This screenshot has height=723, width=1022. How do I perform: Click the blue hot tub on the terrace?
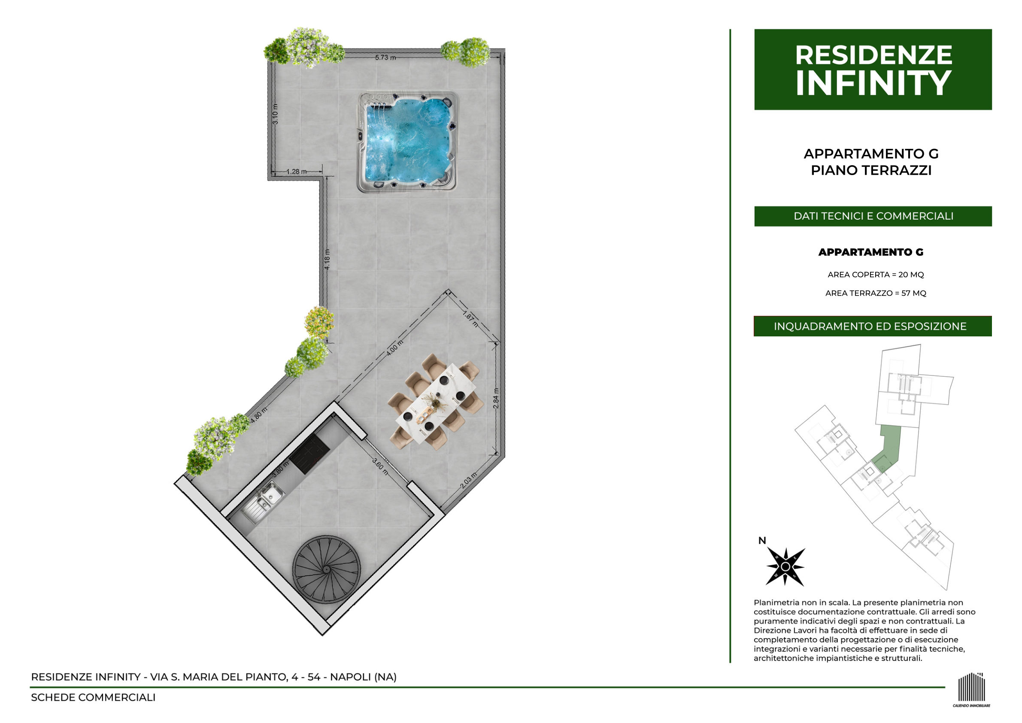coord(408,142)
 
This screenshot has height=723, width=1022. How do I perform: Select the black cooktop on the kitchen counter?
coord(309,454)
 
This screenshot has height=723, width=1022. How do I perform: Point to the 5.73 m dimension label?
coord(385,57)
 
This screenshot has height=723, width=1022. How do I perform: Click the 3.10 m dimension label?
coord(275,114)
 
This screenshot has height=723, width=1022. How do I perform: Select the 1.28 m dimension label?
coord(296,171)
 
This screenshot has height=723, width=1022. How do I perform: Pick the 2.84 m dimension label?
coord(496,399)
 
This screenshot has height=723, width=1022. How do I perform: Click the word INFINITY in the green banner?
coord(873,83)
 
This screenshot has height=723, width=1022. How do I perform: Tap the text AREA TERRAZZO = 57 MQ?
coord(876,293)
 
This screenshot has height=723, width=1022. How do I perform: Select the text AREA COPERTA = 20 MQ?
coord(876,275)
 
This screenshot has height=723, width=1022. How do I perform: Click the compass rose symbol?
coord(785,566)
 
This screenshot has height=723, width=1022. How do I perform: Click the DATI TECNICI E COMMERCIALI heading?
coord(873,216)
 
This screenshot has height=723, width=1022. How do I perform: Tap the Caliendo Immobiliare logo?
coord(972,689)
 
